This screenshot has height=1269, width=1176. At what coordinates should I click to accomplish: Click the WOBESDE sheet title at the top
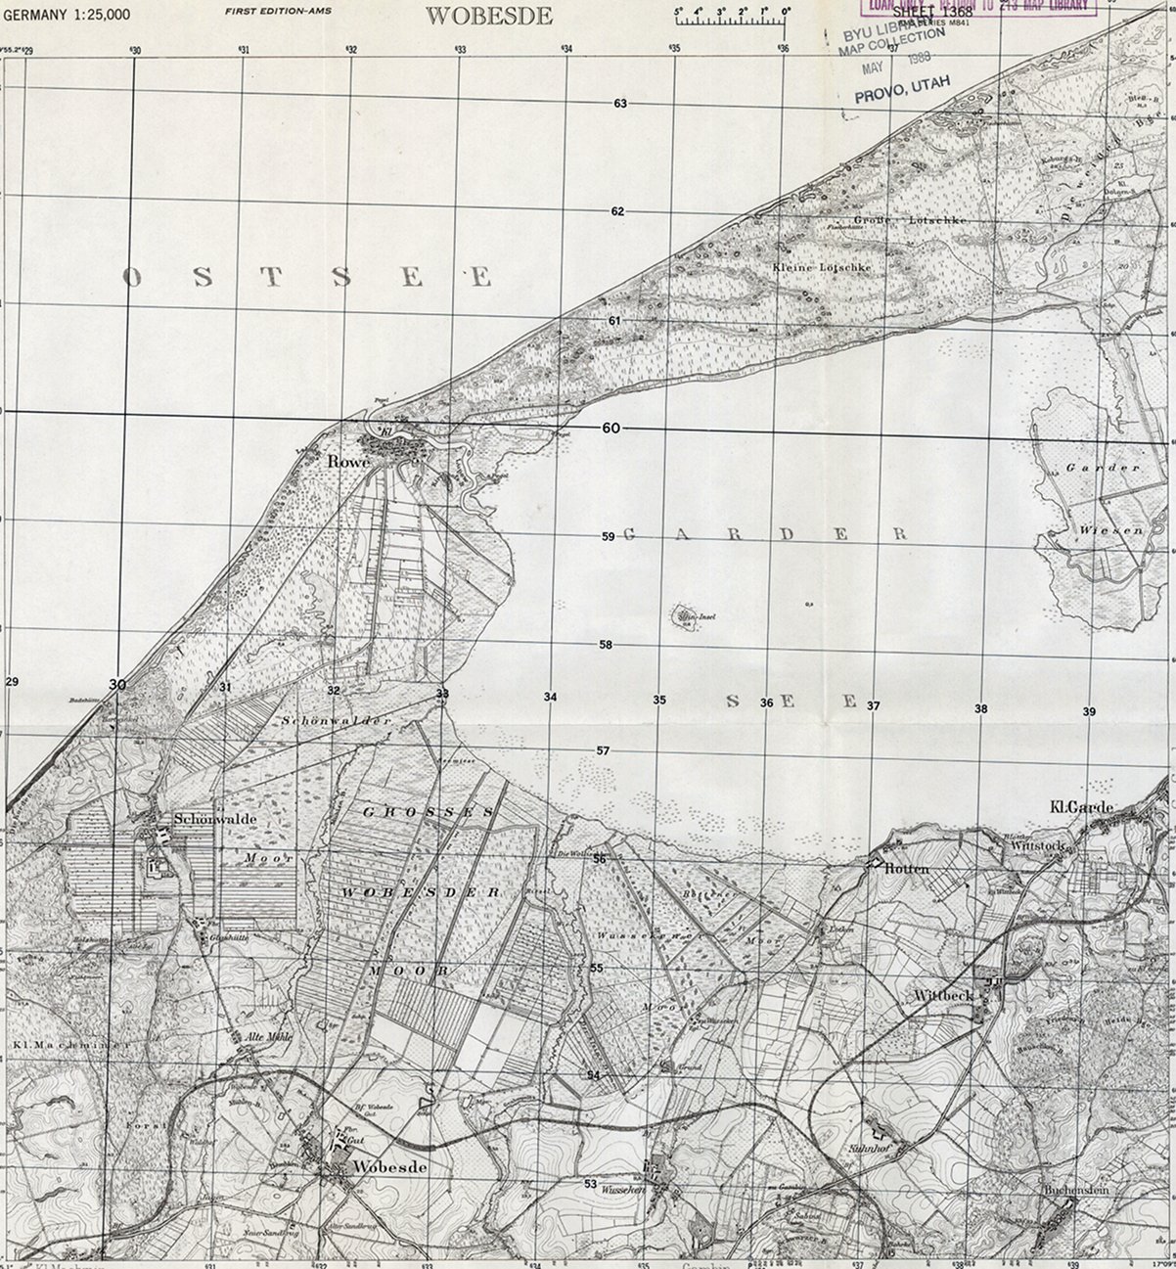[490, 15]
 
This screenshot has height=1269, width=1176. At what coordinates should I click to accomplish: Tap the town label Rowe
[348, 461]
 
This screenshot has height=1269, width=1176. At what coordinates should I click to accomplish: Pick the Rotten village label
[907, 869]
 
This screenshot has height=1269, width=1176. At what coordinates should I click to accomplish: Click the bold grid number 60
[611, 429]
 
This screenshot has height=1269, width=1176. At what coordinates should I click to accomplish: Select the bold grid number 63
[619, 104]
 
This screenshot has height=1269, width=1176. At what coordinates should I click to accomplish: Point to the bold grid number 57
[604, 751]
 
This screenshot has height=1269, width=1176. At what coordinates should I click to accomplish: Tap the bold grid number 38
[980, 708]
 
